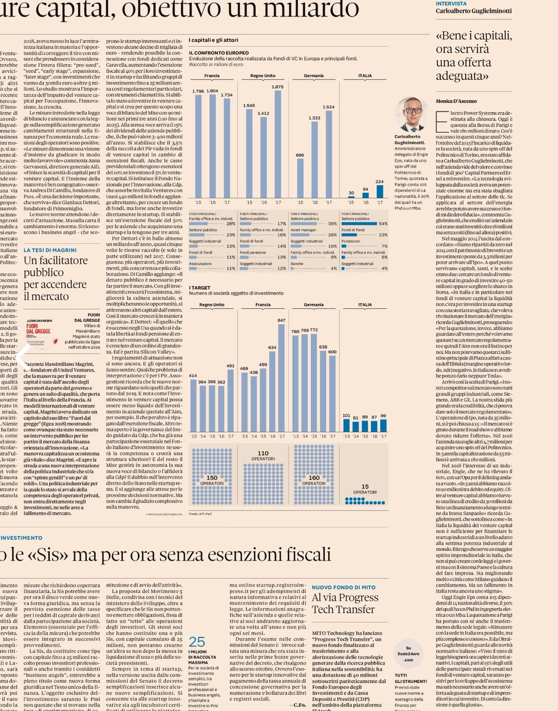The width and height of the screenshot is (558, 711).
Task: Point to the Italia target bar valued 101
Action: coord(347,425)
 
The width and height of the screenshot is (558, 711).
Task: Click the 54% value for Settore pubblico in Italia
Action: coord(383,223)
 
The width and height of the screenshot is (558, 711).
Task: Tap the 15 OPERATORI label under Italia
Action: coord(365,489)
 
